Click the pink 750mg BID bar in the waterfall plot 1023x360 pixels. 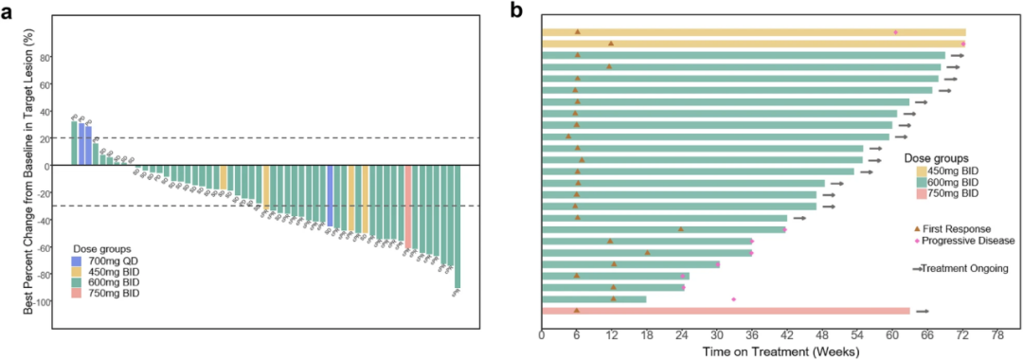tap(407, 205)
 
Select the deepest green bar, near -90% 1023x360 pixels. tap(458, 227)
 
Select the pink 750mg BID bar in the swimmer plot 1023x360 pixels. tap(725, 311)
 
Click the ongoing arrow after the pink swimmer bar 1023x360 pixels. tap(922, 311)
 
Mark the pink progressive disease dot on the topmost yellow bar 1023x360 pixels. tap(895, 32)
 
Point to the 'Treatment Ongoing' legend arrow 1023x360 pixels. tap(917, 269)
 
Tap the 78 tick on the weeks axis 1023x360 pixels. tap(997, 335)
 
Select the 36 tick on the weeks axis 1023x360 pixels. tap(752, 335)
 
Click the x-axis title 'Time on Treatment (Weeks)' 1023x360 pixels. tap(780, 351)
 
